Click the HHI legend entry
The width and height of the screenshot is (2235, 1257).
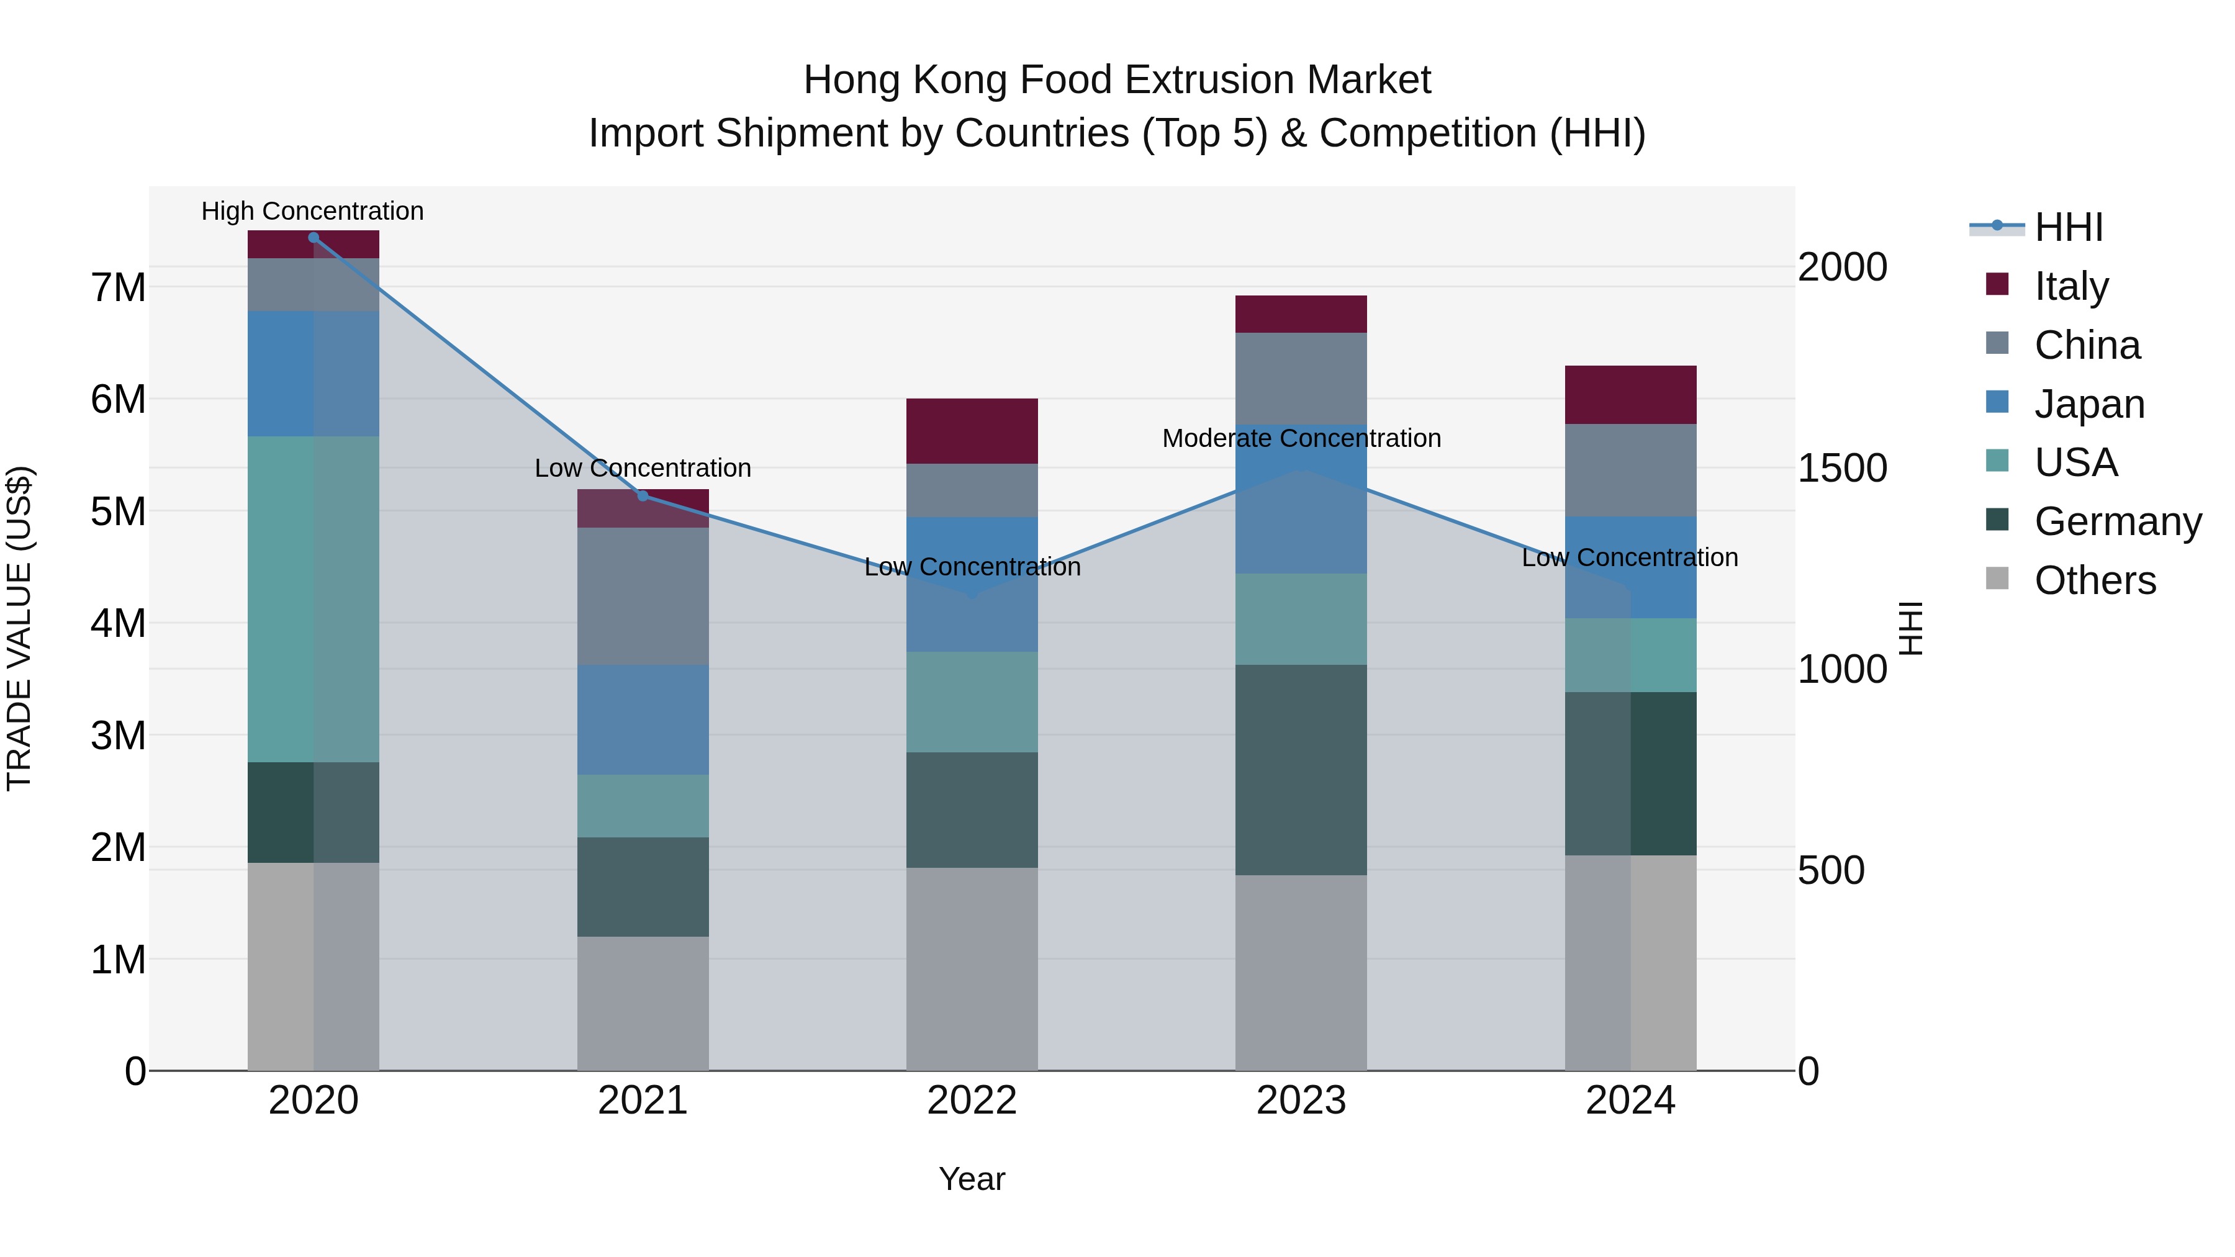click(x=2069, y=227)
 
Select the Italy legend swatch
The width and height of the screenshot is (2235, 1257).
click(x=1997, y=284)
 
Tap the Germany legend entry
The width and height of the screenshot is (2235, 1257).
click(x=2117, y=521)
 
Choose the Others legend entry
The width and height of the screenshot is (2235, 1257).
click(x=2095, y=580)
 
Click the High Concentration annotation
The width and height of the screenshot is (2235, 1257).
click(x=312, y=211)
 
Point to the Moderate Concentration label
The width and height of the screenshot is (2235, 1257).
click(x=1301, y=438)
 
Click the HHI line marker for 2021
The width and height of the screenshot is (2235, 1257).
click(x=643, y=495)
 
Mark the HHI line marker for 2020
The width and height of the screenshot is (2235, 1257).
click(x=314, y=237)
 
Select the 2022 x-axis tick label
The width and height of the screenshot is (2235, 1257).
click(x=972, y=1101)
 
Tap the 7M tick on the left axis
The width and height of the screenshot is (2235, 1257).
click(x=119, y=287)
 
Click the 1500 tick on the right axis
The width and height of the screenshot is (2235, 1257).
click(x=1842, y=469)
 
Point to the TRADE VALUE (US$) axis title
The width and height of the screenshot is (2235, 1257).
click(x=19, y=628)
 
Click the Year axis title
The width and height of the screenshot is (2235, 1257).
click(x=972, y=1179)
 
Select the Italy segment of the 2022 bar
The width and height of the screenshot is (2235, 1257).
click(x=972, y=431)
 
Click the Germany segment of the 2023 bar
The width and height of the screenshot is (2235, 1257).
click(x=1301, y=770)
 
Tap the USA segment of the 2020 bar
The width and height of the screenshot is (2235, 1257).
click(x=314, y=598)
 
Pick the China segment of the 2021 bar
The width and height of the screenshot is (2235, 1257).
click(x=643, y=596)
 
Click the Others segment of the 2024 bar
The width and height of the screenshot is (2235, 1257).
click(x=1630, y=962)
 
